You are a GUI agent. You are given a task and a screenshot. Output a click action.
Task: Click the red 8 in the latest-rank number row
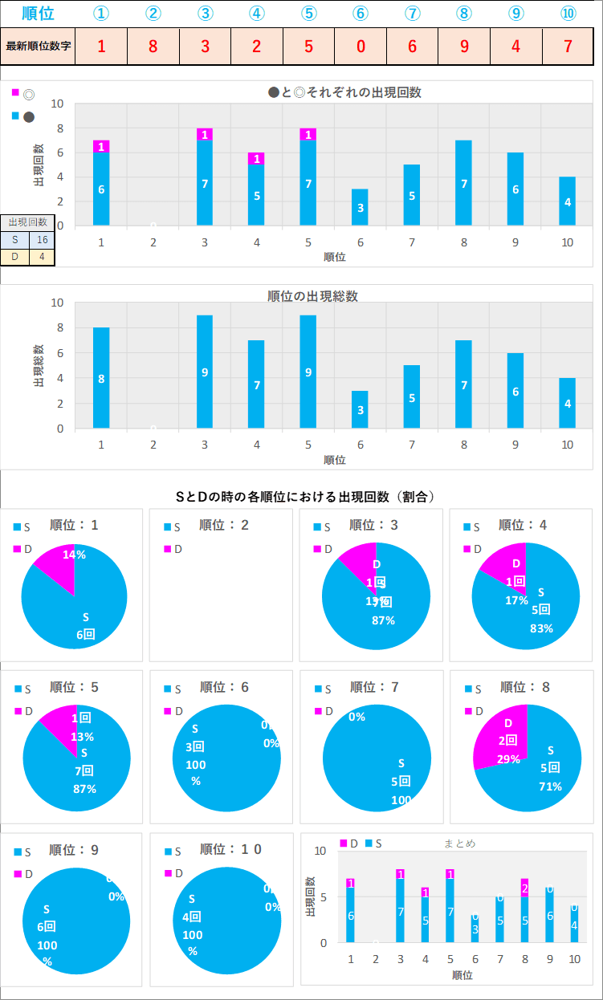[x=153, y=46]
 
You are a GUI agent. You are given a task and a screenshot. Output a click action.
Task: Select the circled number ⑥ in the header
[x=360, y=14]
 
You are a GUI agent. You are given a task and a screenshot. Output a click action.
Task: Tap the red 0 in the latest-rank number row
[x=360, y=46]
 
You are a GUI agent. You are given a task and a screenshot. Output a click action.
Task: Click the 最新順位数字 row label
[x=39, y=46]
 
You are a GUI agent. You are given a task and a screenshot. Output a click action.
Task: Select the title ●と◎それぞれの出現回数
[x=344, y=92]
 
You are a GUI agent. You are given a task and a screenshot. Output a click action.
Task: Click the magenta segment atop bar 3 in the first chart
[x=205, y=134]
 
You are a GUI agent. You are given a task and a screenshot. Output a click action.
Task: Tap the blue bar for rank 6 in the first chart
[x=360, y=207]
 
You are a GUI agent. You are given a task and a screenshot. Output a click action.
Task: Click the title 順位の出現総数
[x=312, y=295]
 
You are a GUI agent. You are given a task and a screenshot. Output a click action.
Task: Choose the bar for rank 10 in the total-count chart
[x=567, y=403]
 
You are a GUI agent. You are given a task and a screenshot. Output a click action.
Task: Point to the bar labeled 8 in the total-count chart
[x=101, y=377]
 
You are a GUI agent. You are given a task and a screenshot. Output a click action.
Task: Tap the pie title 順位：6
[x=224, y=687]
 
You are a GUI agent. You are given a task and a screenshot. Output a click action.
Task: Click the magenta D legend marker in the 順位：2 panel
[x=168, y=549]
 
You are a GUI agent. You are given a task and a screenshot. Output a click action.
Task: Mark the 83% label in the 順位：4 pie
[x=541, y=628]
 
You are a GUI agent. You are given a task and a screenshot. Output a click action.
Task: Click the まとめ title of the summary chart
[x=459, y=843]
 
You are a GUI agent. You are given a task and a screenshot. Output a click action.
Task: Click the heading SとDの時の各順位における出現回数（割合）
[x=305, y=497]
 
